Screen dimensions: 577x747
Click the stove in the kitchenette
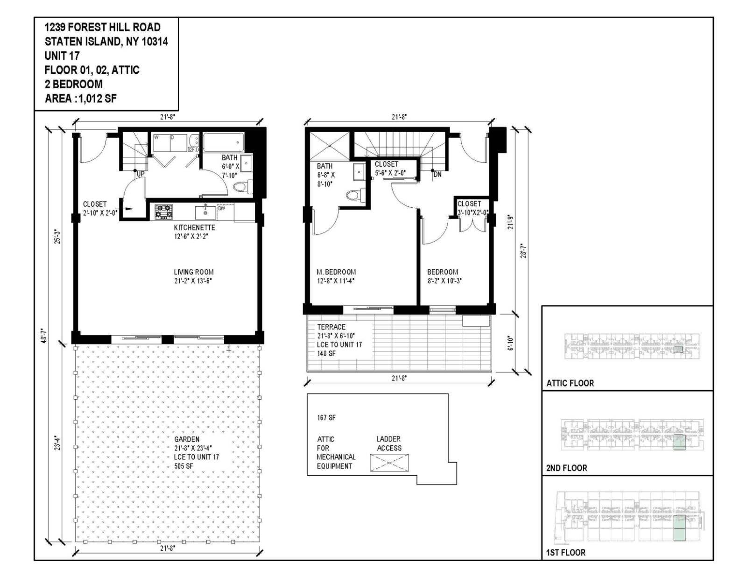(x=164, y=211)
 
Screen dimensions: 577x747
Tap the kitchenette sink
(x=205, y=212)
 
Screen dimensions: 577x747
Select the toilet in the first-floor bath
(x=240, y=187)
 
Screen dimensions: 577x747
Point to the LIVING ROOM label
(x=194, y=272)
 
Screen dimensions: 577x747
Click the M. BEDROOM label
(x=336, y=272)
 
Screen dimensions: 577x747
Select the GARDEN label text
(x=187, y=439)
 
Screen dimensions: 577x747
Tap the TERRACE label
(x=331, y=327)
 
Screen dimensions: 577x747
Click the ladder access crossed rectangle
(x=389, y=463)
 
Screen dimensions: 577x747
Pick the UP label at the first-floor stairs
(x=140, y=174)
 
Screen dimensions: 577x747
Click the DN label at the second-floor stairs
(x=437, y=175)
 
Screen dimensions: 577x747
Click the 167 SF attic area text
(x=326, y=417)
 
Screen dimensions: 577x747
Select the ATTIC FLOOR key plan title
(x=570, y=383)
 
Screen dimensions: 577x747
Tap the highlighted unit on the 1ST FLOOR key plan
(x=680, y=528)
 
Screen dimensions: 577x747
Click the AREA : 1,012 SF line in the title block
(x=81, y=99)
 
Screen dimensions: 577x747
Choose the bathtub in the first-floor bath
(x=224, y=141)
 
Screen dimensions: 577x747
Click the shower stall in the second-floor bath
(x=330, y=146)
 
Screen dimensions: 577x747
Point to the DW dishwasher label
(x=222, y=208)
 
